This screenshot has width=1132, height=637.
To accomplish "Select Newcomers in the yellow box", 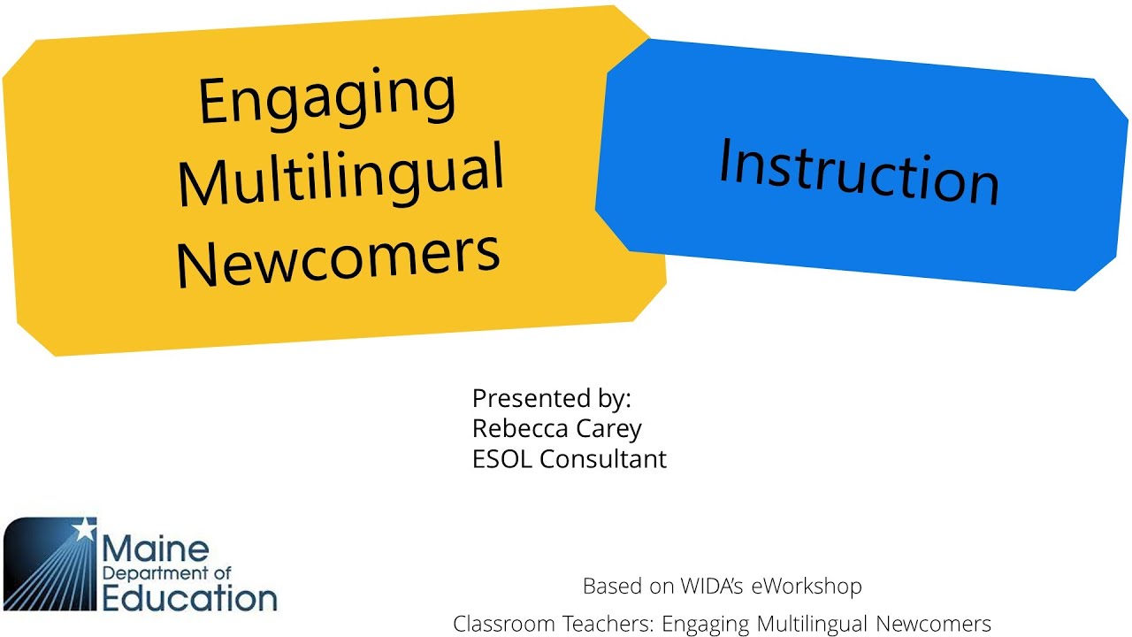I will point(338,254).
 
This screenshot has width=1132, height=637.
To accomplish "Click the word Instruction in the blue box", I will point(858,173).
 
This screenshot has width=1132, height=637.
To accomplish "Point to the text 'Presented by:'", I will point(552,398).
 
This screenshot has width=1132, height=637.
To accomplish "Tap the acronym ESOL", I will point(503,459).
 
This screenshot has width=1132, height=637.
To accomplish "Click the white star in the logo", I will point(84,529).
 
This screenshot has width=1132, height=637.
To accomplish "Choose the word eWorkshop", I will point(807,586).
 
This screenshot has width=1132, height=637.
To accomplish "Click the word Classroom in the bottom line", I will point(496,624).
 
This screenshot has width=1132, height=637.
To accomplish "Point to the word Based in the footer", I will point(608,586).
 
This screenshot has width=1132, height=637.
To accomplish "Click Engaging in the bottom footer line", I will point(705,624).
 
